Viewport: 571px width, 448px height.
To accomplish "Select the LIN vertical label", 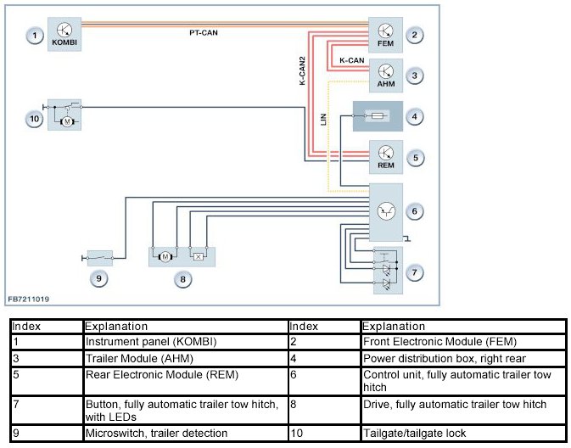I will pos(323,120).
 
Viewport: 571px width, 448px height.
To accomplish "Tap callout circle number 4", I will pos(415,115).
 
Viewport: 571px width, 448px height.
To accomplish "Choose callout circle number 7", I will pos(415,272).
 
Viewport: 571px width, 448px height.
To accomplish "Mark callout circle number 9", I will pos(100,277).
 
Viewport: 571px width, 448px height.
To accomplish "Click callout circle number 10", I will pos(33,120).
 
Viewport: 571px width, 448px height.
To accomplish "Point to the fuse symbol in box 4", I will pos(378,115).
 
